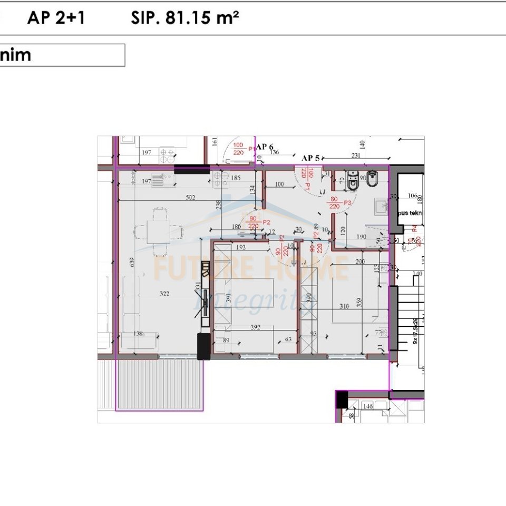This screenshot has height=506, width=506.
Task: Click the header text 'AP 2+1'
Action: [x=56, y=18]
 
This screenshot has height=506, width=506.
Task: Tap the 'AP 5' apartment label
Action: [x=311, y=158]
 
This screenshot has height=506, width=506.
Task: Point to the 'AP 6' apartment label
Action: [x=265, y=147]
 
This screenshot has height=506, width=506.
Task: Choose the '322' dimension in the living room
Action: [x=164, y=294]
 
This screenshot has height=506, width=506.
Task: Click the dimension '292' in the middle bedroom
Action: [x=255, y=327]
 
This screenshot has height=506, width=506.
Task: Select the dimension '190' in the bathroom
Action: [x=361, y=237]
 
